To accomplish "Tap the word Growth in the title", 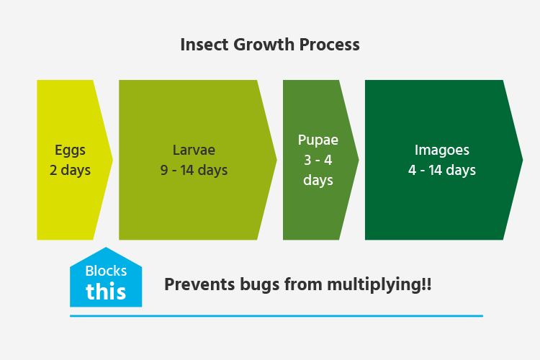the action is [264, 45].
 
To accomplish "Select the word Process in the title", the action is [329, 45].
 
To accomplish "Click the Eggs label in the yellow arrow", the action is [70, 150].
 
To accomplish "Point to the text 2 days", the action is [70, 170].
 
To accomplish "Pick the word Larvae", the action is [194, 150].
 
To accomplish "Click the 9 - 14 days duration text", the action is [194, 170].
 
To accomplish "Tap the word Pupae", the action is [318, 140].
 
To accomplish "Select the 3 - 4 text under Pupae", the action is [318, 160].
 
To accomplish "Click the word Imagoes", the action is [442, 150].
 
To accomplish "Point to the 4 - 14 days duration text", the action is [442, 170].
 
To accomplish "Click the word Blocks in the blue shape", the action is [106, 271].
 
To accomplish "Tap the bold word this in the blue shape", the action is [106, 292].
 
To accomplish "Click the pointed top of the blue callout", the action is [106, 248].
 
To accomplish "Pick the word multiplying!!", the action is [379, 285].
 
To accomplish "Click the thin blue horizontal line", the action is [276, 315].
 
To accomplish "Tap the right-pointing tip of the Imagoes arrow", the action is [523, 160].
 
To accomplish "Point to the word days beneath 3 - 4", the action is [318, 180].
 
